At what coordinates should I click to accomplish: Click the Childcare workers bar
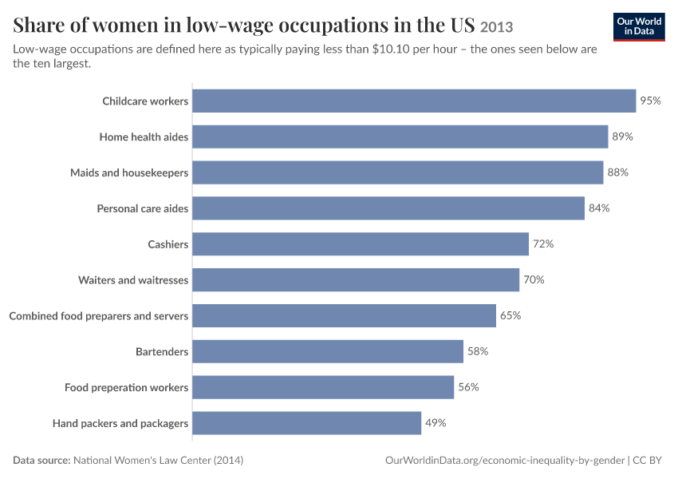click(x=414, y=101)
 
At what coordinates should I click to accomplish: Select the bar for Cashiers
click(x=361, y=244)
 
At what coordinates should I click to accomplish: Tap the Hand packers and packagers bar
click(x=306, y=423)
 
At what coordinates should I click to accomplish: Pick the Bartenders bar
click(x=328, y=351)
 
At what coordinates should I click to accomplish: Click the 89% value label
click(x=622, y=137)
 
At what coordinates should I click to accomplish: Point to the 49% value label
click(x=436, y=423)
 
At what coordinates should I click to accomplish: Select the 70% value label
click(x=534, y=280)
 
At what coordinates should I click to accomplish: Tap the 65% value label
click(x=510, y=315)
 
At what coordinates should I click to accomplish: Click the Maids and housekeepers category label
click(x=129, y=172)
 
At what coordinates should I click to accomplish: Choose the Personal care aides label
click(x=143, y=208)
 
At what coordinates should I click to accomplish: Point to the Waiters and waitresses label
click(x=133, y=280)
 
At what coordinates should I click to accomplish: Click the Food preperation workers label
click(x=126, y=387)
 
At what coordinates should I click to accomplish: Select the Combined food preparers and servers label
click(x=99, y=316)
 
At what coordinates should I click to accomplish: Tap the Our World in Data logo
click(x=639, y=27)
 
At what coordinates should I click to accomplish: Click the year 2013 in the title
click(x=496, y=27)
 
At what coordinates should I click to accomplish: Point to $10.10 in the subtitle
click(x=391, y=49)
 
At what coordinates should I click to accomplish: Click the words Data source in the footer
click(x=41, y=460)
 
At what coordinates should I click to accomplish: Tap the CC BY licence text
click(x=647, y=460)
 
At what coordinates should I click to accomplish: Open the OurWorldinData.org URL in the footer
click(x=505, y=460)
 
